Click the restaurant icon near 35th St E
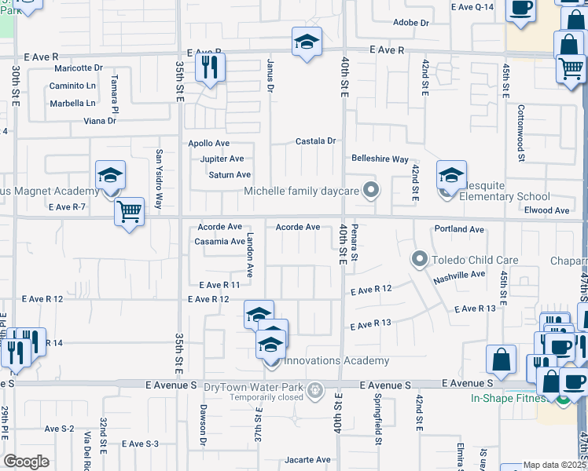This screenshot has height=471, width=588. pyautogui.click(x=210, y=67)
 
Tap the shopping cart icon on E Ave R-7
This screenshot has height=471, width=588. pyautogui.click(x=129, y=211)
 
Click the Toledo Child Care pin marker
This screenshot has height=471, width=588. pyautogui.click(x=420, y=258)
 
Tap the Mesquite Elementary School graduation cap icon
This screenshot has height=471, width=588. pyautogui.click(x=452, y=176)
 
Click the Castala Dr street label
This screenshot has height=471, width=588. pyautogui.click(x=315, y=141)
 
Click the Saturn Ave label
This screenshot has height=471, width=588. pyautogui.click(x=230, y=175)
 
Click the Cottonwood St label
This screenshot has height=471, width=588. pyautogui.click(x=521, y=133)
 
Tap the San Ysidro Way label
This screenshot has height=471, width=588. pyautogui.click(x=159, y=179)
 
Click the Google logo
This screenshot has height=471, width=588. pyautogui.click(x=26, y=461)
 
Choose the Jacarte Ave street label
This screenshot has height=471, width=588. pyautogui.click(x=308, y=460)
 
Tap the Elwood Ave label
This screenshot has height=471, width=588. pyautogui.click(x=546, y=210)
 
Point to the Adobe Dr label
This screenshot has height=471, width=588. pyautogui.click(x=410, y=23)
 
